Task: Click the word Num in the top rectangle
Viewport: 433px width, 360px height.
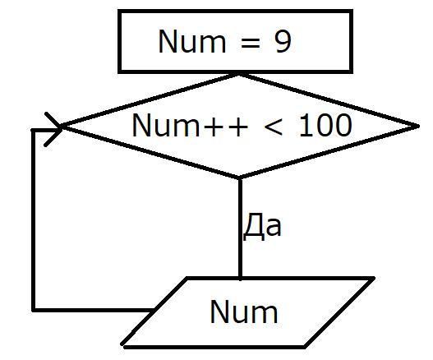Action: click(x=192, y=41)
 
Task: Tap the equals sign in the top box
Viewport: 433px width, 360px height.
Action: click(x=251, y=43)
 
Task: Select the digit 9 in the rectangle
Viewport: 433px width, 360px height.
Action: click(x=283, y=41)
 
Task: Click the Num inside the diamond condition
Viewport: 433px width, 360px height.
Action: click(x=166, y=125)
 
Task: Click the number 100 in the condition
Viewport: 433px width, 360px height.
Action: click(x=326, y=125)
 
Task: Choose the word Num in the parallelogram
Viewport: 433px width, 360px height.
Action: click(x=244, y=312)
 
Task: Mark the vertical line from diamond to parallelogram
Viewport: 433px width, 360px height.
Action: click(x=240, y=228)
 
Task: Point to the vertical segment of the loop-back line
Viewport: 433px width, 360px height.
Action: click(x=33, y=220)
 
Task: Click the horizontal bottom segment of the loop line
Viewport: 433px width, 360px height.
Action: click(x=94, y=310)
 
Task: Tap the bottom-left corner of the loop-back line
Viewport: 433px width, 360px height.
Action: click(x=33, y=310)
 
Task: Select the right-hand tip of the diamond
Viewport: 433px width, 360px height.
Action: click(x=419, y=126)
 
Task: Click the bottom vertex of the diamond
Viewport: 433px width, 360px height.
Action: click(x=240, y=178)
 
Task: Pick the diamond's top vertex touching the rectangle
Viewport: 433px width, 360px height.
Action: click(x=238, y=75)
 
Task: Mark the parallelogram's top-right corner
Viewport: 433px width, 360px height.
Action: click(x=373, y=278)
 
